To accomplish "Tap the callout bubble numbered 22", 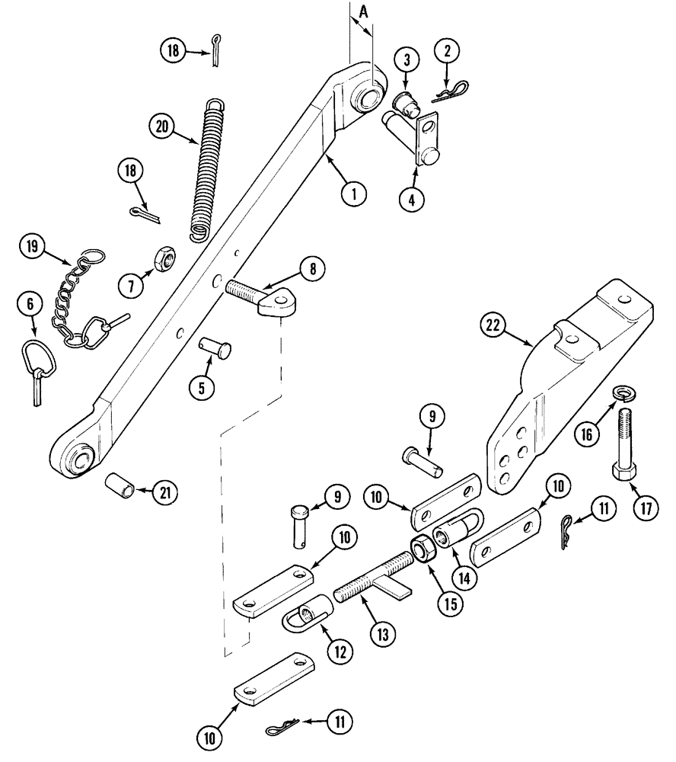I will pyautogui.click(x=494, y=325).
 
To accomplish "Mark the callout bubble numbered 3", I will pyautogui.click(x=407, y=59).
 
